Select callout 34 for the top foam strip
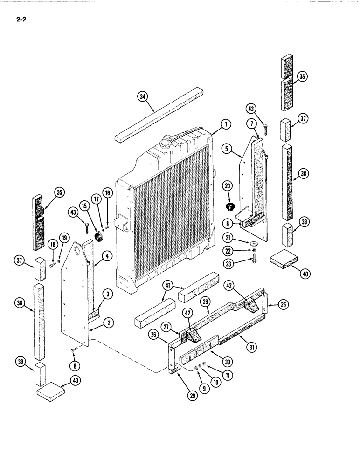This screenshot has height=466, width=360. click(x=142, y=97)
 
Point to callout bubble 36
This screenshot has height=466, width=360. click(x=302, y=77)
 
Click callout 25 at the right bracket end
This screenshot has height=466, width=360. click(x=283, y=305)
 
